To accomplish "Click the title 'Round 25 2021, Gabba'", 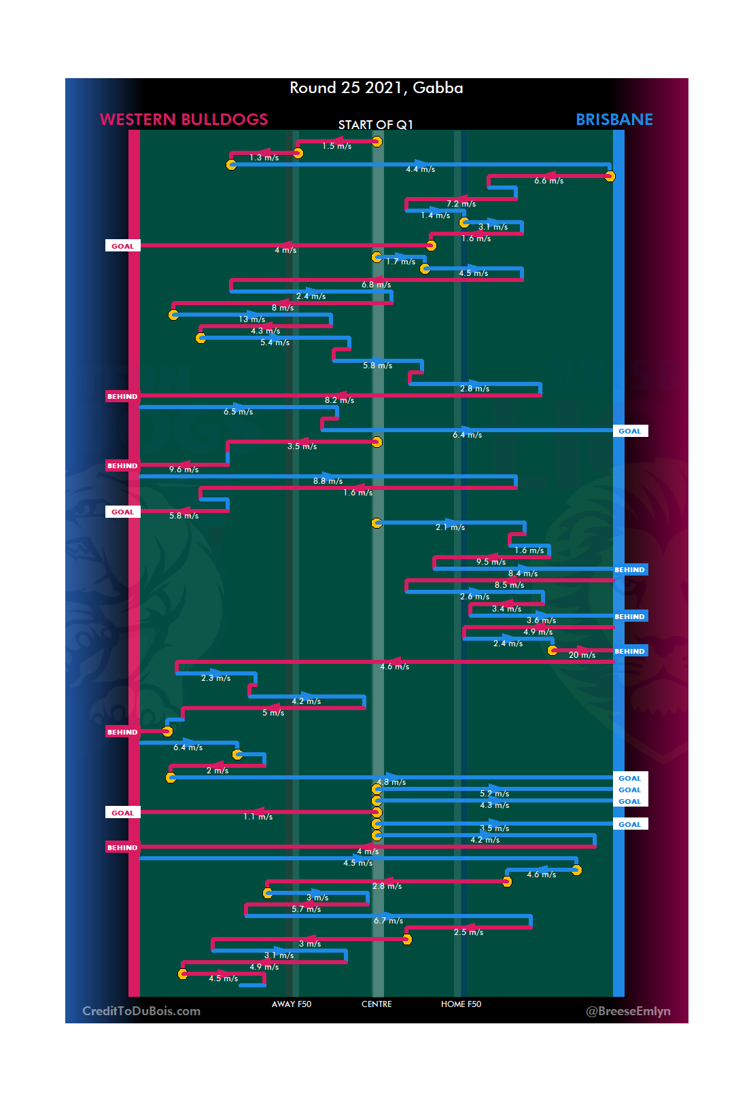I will pos(376,88).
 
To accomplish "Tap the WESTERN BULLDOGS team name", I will pos(183,120).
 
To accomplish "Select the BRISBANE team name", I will pos(614,120).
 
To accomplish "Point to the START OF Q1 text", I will pos(375,125).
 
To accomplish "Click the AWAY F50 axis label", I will pos(291,1004).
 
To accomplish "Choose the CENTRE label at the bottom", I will pos(377,1004).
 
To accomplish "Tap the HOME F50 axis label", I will pos(461,1004).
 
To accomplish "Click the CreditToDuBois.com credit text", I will pos(141,1011).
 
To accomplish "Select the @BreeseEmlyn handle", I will pos(628,1011).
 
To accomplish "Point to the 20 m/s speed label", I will pos(582,655).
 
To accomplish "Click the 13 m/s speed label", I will pos(251,319).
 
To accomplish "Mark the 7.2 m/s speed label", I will pos(461,204).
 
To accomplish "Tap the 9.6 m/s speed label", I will pos(183,470).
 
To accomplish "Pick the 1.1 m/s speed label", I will pos(258,817).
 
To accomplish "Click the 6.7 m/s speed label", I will pos(388,921).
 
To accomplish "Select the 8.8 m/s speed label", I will pos(328,481).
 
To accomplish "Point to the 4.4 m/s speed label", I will pos(420,169).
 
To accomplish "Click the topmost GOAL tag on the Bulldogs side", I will pos(122,246).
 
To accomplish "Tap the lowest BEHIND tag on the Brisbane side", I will pos(629,651).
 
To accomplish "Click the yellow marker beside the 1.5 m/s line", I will pos(377,141).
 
